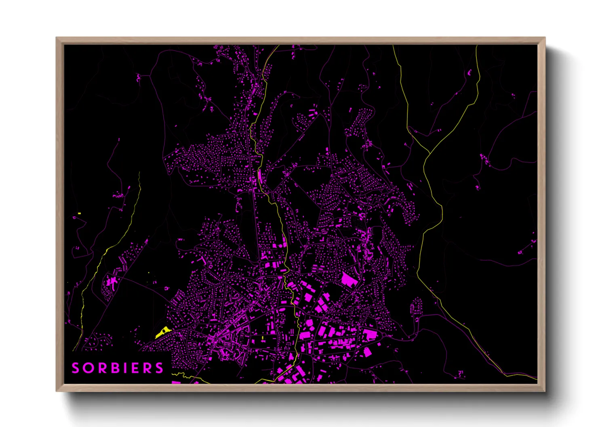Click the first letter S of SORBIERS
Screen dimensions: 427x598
[76, 368]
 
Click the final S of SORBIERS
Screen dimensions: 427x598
[160, 368]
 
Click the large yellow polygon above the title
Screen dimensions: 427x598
[162, 332]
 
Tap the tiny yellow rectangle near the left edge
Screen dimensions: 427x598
[79, 213]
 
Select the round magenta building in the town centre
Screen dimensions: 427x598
[281, 246]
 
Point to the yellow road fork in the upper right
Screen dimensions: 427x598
[428, 153]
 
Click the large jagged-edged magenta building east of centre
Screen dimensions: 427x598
[347, 279]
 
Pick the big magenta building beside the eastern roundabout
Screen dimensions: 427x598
[369, 335]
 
